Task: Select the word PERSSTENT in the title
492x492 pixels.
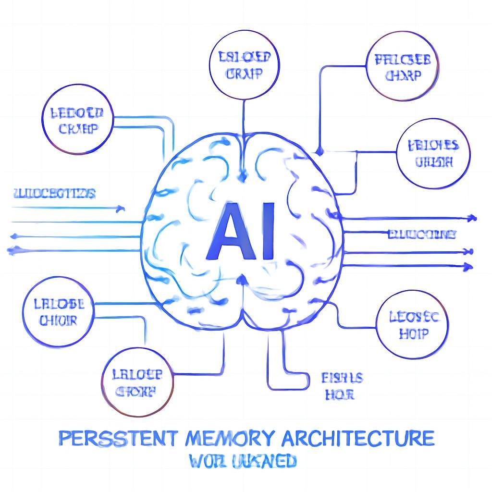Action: tap(120, 438)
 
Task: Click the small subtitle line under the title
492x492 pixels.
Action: tap(242, 462)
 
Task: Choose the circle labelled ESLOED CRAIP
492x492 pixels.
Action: tap(245, 65)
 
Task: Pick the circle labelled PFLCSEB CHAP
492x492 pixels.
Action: tap(402, 67)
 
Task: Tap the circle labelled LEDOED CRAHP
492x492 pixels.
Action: tap(77, 121)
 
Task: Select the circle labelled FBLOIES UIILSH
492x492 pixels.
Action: tap(433, 153)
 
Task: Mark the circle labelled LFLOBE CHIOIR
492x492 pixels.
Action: tap(58, 312)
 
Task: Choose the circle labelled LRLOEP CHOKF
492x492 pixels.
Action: tap(136, 382)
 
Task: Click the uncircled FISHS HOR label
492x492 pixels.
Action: tap(342, 386)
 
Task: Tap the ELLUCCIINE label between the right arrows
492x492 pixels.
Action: tap(421, 234)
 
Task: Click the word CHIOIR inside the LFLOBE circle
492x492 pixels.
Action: tap(58, 320)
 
